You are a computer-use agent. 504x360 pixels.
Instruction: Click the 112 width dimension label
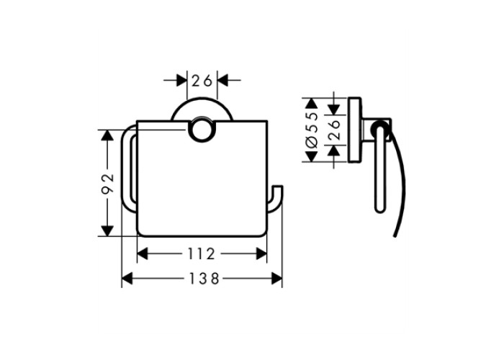pyautogui.click(x=201, y=254)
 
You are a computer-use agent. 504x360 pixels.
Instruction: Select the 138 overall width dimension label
pyautogui.click(x=204, y=279)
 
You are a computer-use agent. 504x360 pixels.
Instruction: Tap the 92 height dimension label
pyautogui.click(x=108, y=183)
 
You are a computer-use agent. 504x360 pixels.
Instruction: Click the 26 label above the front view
pyautogui.click(x=202, y=81)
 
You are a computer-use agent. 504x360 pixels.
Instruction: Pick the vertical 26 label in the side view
pyautogui.click(x=335, y=130)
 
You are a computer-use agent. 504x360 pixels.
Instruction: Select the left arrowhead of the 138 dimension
pyautogui.click(x=127, y=279)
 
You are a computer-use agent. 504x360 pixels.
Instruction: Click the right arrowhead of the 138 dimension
pyautogui.click(x=276, y=279)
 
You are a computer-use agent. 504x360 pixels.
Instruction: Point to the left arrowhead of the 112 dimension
pyautogui.click(x=143, y=254)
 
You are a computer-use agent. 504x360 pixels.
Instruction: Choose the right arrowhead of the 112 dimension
pyautogui.click(x=261, y=254)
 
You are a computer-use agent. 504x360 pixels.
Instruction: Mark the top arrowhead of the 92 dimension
pyautogui.click(x=107, y=135)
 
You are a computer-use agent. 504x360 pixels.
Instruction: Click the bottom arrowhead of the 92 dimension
pyautogui.click(x=107, y=231)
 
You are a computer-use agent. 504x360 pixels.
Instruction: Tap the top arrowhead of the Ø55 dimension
pyautogui.click(x=311, y=103)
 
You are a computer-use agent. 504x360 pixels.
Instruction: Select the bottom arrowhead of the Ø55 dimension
pyautogui.click(x=311, y=156)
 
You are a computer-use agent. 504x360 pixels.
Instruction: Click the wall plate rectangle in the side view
pyautogui.click(x=354, y=130)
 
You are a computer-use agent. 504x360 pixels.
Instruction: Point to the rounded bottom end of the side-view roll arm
pyautogui.click(x=379, y=210)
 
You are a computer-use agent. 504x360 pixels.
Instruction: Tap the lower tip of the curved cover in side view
pyautogui.click(x=395, y=236)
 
